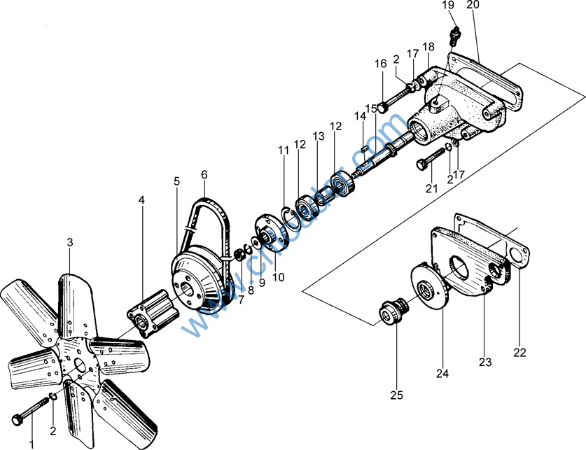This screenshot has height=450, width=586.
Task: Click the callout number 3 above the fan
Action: pyautogui.click(x=69, y=242)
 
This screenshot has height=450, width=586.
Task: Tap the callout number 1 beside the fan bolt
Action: pyautogui.click(x=31, y=442)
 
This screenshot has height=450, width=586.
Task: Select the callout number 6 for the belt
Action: pyautogui.click(x=204, y=174)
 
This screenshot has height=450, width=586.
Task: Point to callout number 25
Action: pyautogui.click(x=397, y=395)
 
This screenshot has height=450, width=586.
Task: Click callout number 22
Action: pyautogui.click(x=519, y=352)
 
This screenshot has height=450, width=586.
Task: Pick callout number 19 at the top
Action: pyautogui.click(x=448, y=6)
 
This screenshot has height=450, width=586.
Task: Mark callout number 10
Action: pyautogui.click(x=278, y=276)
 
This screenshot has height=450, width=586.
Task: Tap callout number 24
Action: pyautogui.click(x=442, y=373)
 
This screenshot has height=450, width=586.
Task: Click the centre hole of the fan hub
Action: pyautogui.click(x=80, y=365)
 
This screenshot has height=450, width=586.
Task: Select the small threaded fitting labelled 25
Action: pyautogui.click(x=389, y=313)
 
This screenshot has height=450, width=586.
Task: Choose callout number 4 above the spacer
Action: pyautogui.click(x=141, y=200)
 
